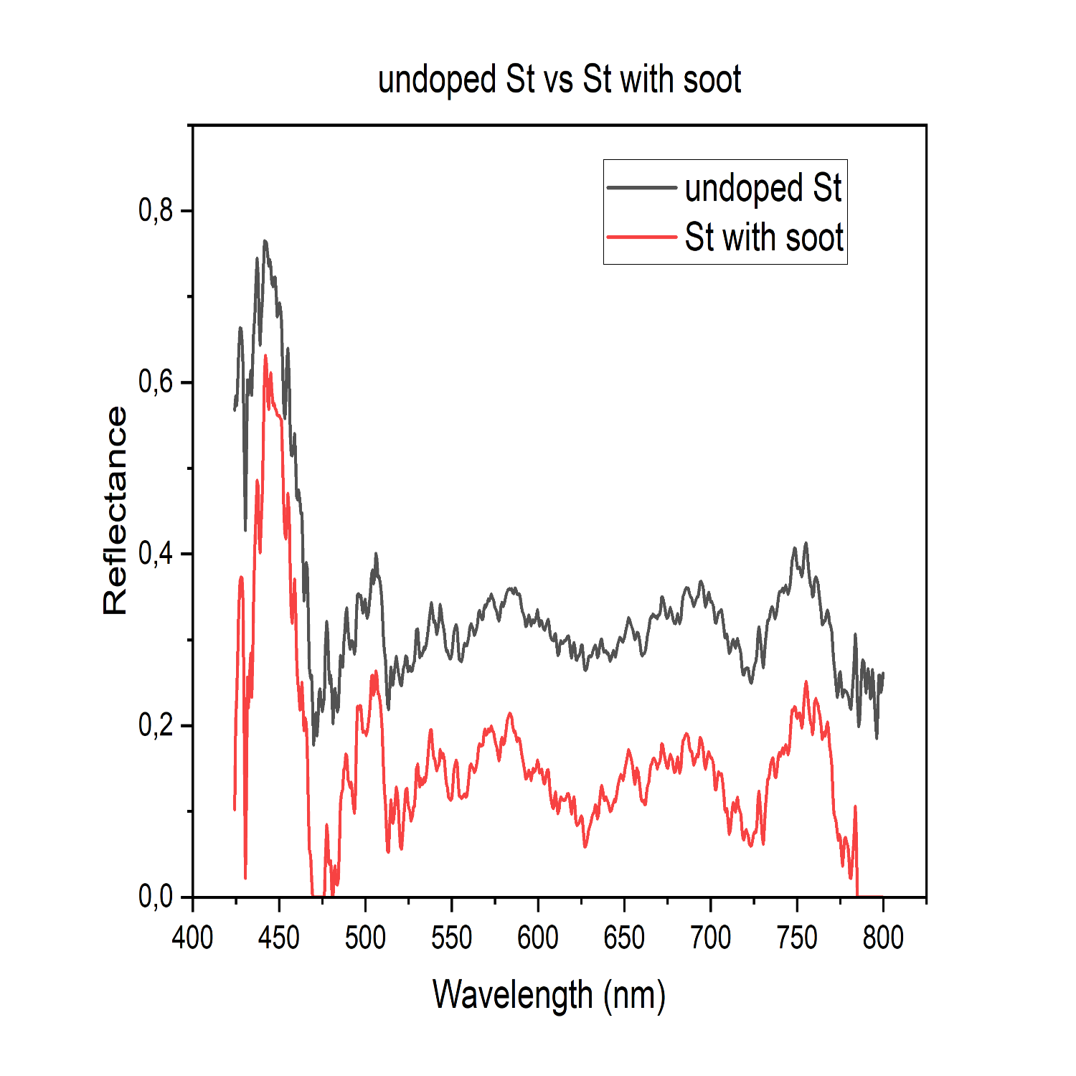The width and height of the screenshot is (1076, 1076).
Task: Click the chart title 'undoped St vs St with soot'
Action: coord(559,79)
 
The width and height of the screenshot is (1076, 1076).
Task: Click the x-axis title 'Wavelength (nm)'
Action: coord(549,995)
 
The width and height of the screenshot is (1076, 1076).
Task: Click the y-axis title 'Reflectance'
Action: coord(115,510)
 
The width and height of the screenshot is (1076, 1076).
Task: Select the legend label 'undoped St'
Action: coord(763,188)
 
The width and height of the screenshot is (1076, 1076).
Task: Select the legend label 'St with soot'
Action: coord(764,237)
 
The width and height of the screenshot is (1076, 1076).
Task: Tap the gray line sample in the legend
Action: coord(642,188)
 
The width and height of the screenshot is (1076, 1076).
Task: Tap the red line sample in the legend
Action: coord(642,237)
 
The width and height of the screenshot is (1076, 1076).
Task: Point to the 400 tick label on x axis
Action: coord(192,938)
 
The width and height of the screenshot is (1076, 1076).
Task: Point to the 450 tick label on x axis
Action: coord(279,938)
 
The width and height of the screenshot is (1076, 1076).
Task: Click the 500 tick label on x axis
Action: coord(365,938)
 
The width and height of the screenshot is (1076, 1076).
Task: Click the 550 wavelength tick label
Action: coord(452,938)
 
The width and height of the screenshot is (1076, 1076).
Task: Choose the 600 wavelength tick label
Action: coord(538,938)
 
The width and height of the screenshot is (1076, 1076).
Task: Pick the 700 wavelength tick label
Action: coord(711,938)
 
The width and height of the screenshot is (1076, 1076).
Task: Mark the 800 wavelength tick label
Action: coord(883,938)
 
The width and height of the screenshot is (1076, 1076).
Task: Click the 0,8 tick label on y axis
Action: coord(156,210)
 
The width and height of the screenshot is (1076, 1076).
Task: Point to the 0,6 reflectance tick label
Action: coord(156,382)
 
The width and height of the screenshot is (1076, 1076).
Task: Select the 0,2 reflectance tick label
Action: coord(156,725)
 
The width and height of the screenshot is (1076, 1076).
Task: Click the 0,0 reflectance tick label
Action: coord(156,897)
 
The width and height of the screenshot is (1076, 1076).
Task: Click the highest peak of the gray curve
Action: coord(265,242)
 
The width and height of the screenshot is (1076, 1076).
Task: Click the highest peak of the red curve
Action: coord(265,356)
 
